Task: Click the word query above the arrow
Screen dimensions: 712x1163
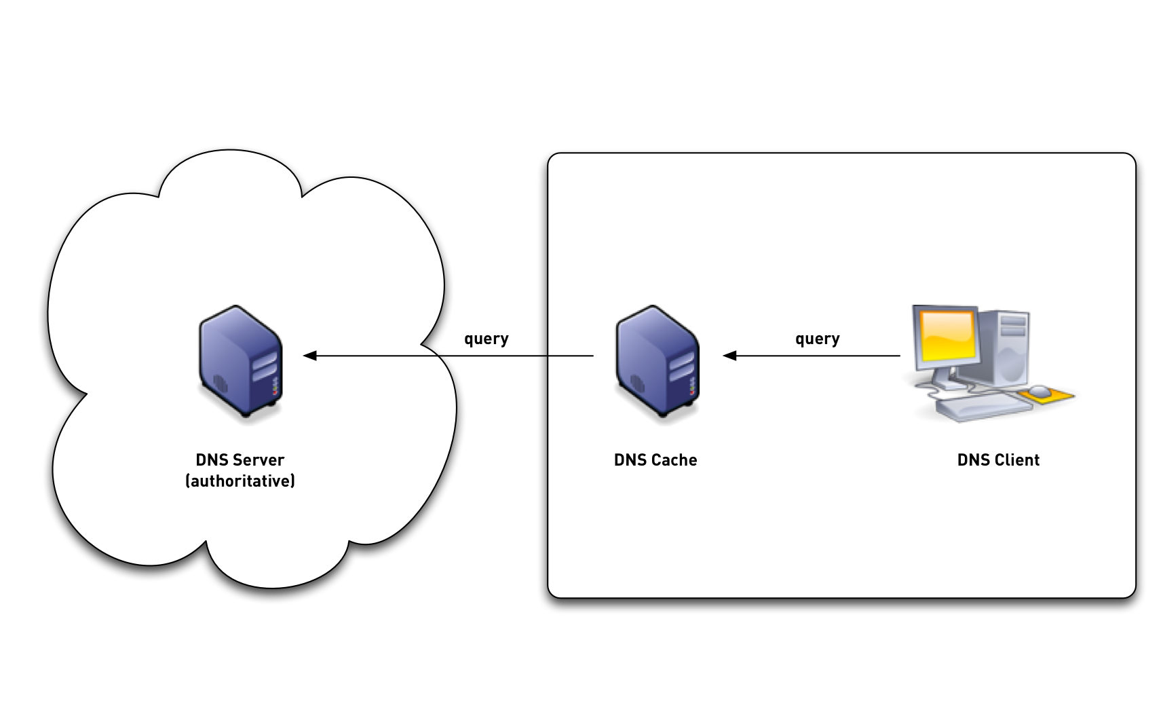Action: tap(817, 339)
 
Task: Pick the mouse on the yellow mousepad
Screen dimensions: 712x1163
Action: tap(1040, 390)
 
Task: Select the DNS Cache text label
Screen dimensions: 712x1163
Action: tap(655, 460)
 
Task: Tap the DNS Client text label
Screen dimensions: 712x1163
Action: tap(998, 460)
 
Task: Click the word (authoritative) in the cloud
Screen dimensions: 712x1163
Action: tap(240, 481)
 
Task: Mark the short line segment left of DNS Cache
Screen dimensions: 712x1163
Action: tap(571, 356)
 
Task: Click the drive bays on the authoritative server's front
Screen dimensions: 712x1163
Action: tap(265, 367)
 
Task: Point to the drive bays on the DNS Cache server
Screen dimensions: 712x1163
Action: tap(682, 367)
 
